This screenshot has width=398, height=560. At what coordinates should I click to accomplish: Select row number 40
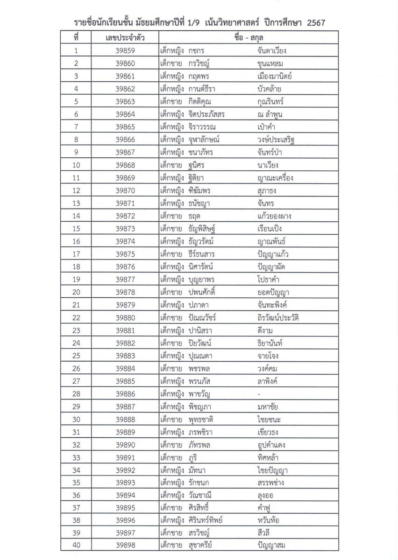[x=77, y=544]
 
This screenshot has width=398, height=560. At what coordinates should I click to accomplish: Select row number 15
[x=77, y=229]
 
